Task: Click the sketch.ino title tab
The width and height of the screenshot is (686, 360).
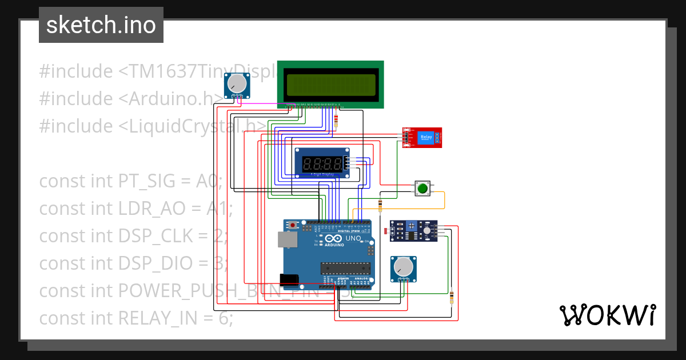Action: [101, 25]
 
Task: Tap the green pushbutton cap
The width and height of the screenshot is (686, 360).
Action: [422, 189]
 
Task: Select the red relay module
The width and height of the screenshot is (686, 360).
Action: [422, 137]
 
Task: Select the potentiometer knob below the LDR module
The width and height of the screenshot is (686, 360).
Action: [404, 267]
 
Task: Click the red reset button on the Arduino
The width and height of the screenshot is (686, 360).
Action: [294, 226]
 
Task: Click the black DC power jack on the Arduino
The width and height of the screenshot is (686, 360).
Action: [289, 279]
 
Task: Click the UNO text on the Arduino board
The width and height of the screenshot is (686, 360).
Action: [353, 238]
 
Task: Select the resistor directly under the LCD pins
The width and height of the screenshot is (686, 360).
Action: [336, 121]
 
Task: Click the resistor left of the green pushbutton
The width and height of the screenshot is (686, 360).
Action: [381, 204]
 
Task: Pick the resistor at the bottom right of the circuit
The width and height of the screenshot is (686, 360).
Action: [452, 297]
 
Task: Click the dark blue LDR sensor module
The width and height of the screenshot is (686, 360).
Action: [414, 231]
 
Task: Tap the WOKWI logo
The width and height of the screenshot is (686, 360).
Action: [607, 315]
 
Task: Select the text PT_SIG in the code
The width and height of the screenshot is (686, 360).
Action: [145, 181]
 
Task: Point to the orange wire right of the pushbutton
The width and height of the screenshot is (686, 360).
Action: [445, 200]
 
